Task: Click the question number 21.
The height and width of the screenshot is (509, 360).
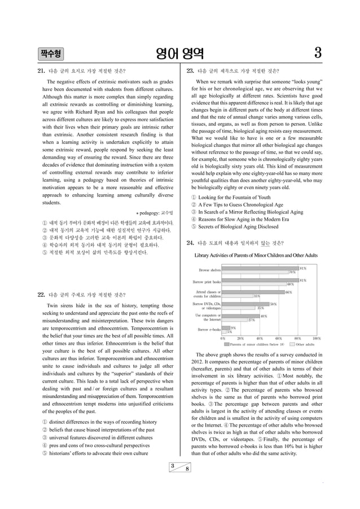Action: click(x=41, y=71)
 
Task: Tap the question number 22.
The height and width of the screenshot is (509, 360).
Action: click(x=41, y=295)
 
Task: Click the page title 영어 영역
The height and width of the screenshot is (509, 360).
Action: click(x=180, y=54)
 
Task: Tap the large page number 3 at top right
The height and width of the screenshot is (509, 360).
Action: click(x=318, y=54)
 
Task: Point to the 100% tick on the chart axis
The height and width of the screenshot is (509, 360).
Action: click(x=317, y=339)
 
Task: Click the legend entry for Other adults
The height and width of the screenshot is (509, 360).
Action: click(x=305, y=344)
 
